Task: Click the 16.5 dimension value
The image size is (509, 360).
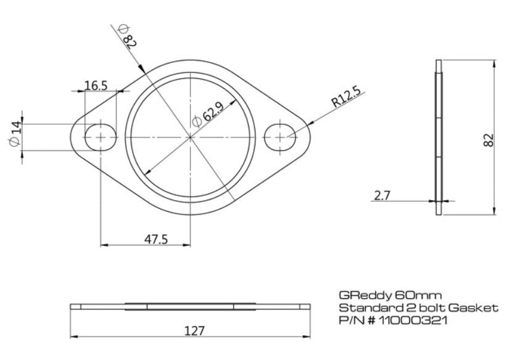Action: click(96, 85)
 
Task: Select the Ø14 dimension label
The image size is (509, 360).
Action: click(15, 135)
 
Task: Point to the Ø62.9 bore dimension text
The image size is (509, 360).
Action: click(207, 114)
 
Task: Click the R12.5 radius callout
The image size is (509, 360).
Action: click(346, 99)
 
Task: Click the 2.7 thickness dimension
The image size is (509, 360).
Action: click(382, 196)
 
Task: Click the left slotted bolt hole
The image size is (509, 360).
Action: click(100, 136)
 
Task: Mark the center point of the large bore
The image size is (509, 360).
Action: click(191, 136)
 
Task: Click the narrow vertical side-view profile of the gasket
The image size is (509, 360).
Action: click(439, 137)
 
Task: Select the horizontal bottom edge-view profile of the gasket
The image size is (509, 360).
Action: click(191, 306)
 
